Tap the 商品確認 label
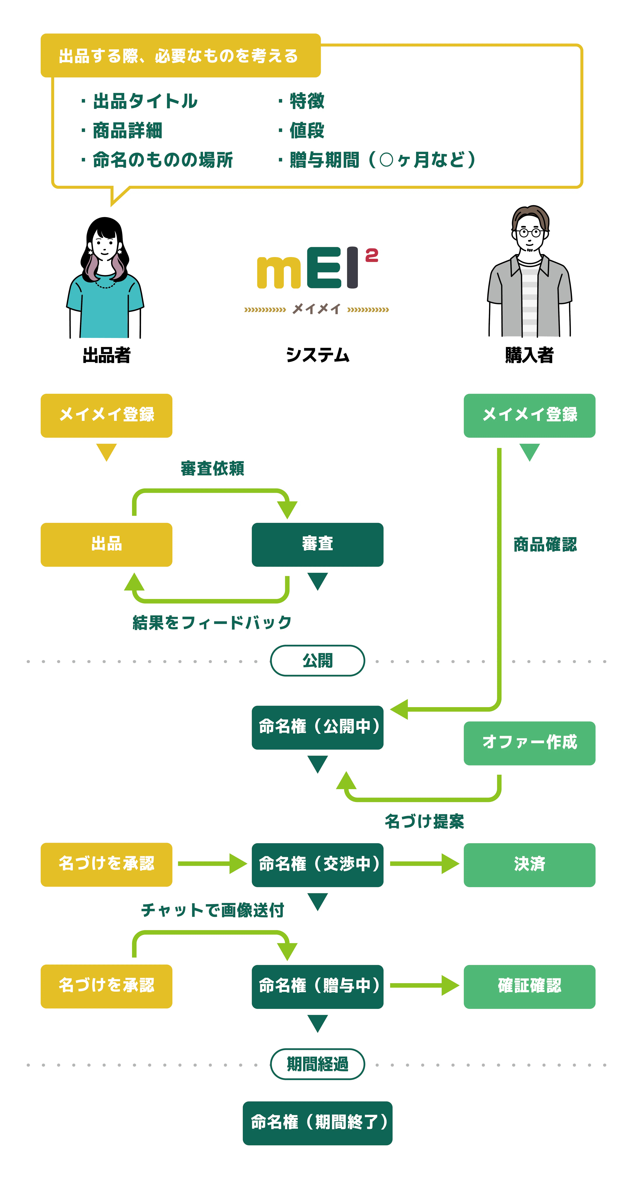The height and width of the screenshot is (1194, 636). pos(545,545)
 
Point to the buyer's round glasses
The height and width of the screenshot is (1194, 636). pos(530,233)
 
